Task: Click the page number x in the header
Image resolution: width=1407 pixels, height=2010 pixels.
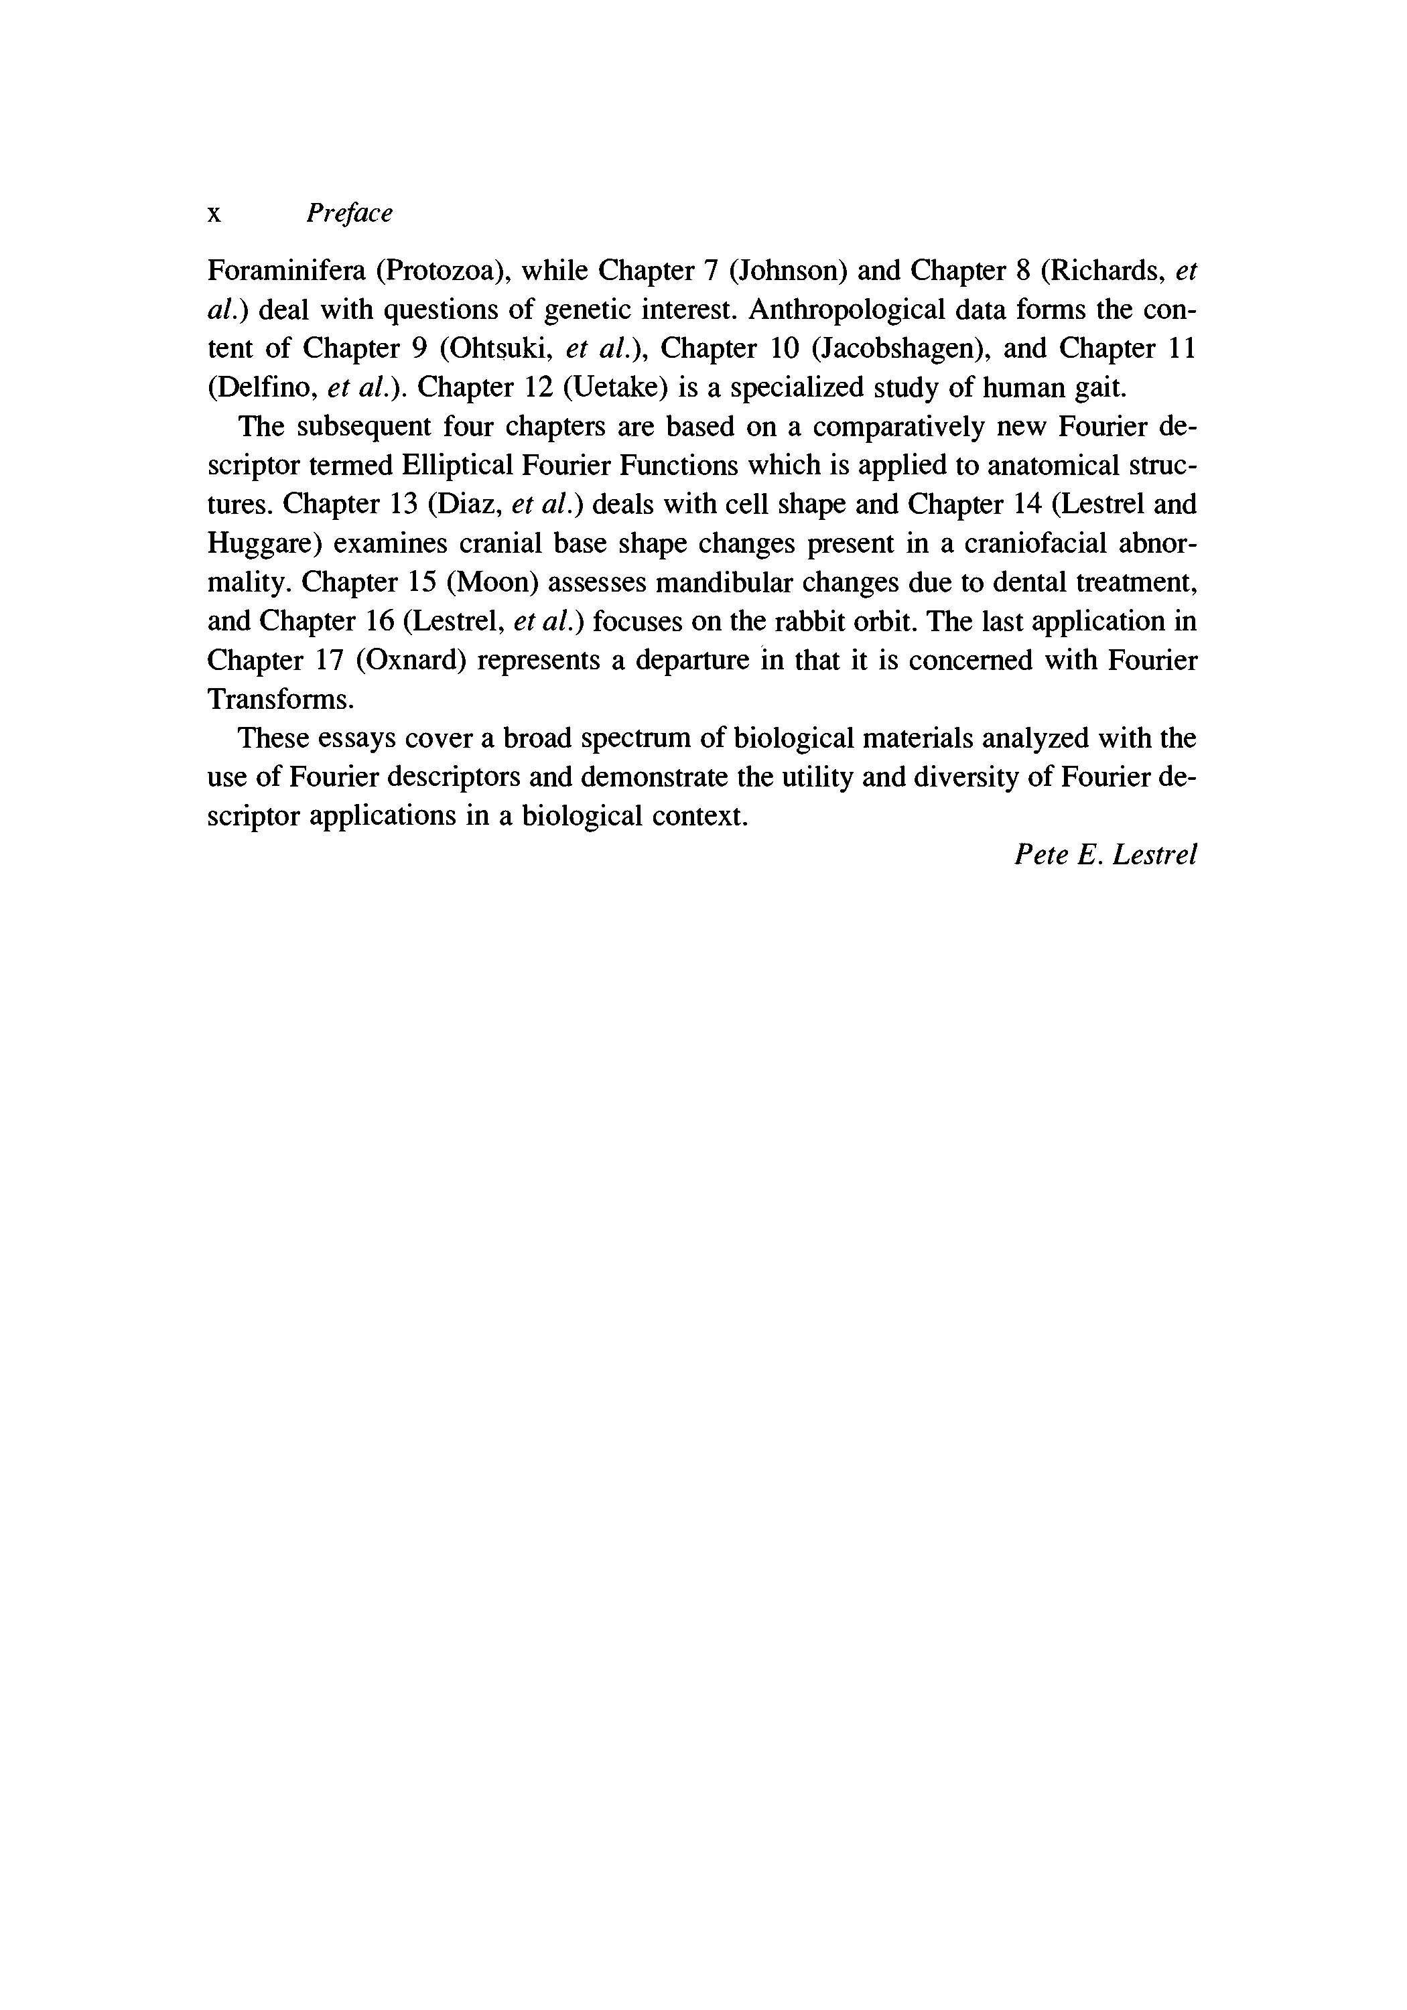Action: point(214,214)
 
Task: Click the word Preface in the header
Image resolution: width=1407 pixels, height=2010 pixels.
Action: point(349,213)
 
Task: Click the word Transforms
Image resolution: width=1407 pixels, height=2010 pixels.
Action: point(279,699)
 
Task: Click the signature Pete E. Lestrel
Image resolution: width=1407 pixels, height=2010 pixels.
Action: point(1105,854)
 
